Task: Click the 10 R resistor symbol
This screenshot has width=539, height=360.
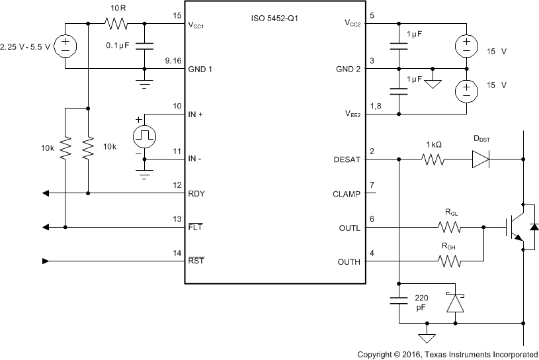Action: pyautogui.click(x=117, y=23)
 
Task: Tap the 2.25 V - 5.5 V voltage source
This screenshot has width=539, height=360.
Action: pyautogui.click(x=65, y=46)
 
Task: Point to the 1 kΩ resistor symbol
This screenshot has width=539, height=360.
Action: pyautogui.click(x=433, y=159)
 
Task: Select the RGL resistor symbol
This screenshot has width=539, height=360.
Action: pyautogui.click(x=449, y=228)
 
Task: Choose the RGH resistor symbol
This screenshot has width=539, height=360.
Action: pyautogui.click(x=449, y=261)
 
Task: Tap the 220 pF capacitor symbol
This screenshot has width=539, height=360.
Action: pyautogui.click(x=399, y=302)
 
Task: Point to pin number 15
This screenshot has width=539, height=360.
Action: pyautogui.click(x=177, y=15)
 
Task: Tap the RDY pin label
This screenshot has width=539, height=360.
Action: pyautogui.click(x=196, y=194)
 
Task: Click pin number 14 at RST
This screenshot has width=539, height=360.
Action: pyautogui.click(x=177, y=253)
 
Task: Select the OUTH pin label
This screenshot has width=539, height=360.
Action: pyautogui.click(x=349, y=261)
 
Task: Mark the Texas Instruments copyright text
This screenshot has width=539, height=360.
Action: pyautogui.click(x=448, y=353)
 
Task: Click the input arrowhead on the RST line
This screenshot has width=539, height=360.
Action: pyautogui.click(x=45, y=261)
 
